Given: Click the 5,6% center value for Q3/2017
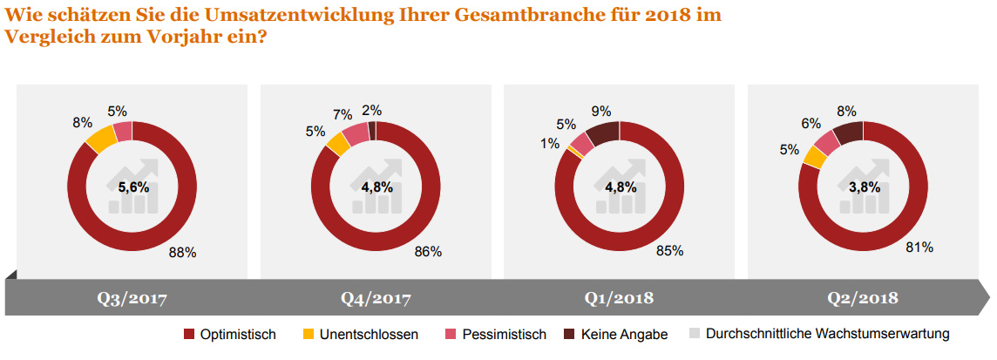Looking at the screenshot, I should (133, 187).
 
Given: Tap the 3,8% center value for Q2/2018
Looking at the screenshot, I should (865, 187).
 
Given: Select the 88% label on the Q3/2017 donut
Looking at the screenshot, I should (183, 253).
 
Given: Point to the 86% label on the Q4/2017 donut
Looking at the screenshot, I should (428, 252).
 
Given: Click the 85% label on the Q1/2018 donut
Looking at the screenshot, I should (669, 250).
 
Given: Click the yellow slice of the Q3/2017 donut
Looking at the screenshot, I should (100, 139).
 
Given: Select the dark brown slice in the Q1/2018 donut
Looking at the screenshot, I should (602, 132).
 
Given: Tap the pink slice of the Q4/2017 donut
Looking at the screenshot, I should (355, 133).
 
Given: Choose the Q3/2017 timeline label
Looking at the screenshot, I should (132, 298).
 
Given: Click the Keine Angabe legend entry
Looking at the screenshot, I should (616, 334).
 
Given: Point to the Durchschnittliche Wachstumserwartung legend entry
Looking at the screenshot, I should (819, 334).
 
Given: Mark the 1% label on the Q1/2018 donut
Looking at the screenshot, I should (549, 144).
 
